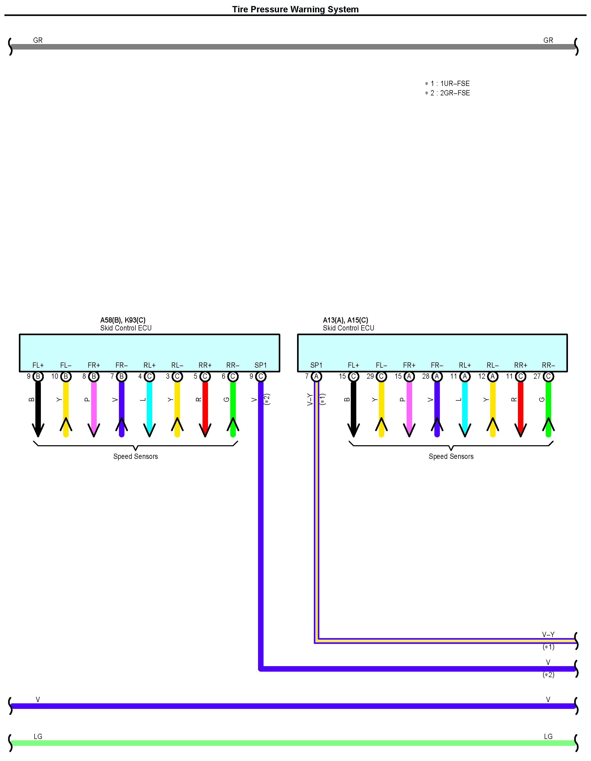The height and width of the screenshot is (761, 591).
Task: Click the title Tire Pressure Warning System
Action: pos(295,9)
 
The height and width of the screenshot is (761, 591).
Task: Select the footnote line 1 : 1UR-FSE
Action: pos(447,84)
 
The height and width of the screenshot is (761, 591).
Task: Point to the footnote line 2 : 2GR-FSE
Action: pos(447,93)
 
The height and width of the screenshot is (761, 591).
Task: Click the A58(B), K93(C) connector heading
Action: pos(123,320)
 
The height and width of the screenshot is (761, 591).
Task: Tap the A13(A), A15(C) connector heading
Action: pos(346,320)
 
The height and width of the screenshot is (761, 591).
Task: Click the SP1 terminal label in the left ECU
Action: pos(260,365)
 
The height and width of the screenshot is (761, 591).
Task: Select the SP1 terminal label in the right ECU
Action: pos(316,365)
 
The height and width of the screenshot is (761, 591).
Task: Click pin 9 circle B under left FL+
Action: pos(38,376)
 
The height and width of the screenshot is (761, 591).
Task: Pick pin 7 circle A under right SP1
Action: pos(316,376)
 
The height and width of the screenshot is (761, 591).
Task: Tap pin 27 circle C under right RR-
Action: pos(548,376)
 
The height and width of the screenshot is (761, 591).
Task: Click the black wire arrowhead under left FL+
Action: pos(38,431)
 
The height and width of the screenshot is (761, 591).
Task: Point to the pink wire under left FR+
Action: pos(94,404)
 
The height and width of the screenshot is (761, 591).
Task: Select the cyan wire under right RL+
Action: pos(464,404)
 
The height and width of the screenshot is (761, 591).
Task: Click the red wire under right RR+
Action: pos(520,404)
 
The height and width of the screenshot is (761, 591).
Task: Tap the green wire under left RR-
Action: pos(233,404)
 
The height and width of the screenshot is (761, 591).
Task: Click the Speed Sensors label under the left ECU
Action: pos(135,456)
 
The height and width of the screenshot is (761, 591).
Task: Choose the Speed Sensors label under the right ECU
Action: pos(451,456)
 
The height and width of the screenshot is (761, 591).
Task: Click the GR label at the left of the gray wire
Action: pos(38,40)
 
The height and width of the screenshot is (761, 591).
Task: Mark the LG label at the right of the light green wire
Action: pos(548,737)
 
